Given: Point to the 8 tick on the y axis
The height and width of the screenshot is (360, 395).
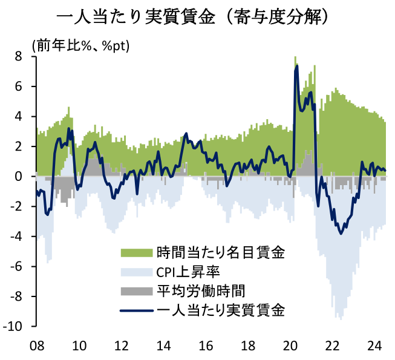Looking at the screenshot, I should coord(18,56).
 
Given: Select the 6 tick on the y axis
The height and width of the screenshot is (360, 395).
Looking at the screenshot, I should coord(18,87).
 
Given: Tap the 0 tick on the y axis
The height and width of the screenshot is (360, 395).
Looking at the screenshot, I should coord(18,177).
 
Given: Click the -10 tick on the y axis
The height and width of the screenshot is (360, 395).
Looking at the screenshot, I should coord(13,327).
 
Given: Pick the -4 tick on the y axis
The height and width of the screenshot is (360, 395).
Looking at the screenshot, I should coord(16,237).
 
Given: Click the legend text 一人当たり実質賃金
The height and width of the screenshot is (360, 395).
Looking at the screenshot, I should coord(220,312).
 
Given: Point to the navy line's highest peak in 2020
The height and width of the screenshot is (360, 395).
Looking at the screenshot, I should coord(296,66).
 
